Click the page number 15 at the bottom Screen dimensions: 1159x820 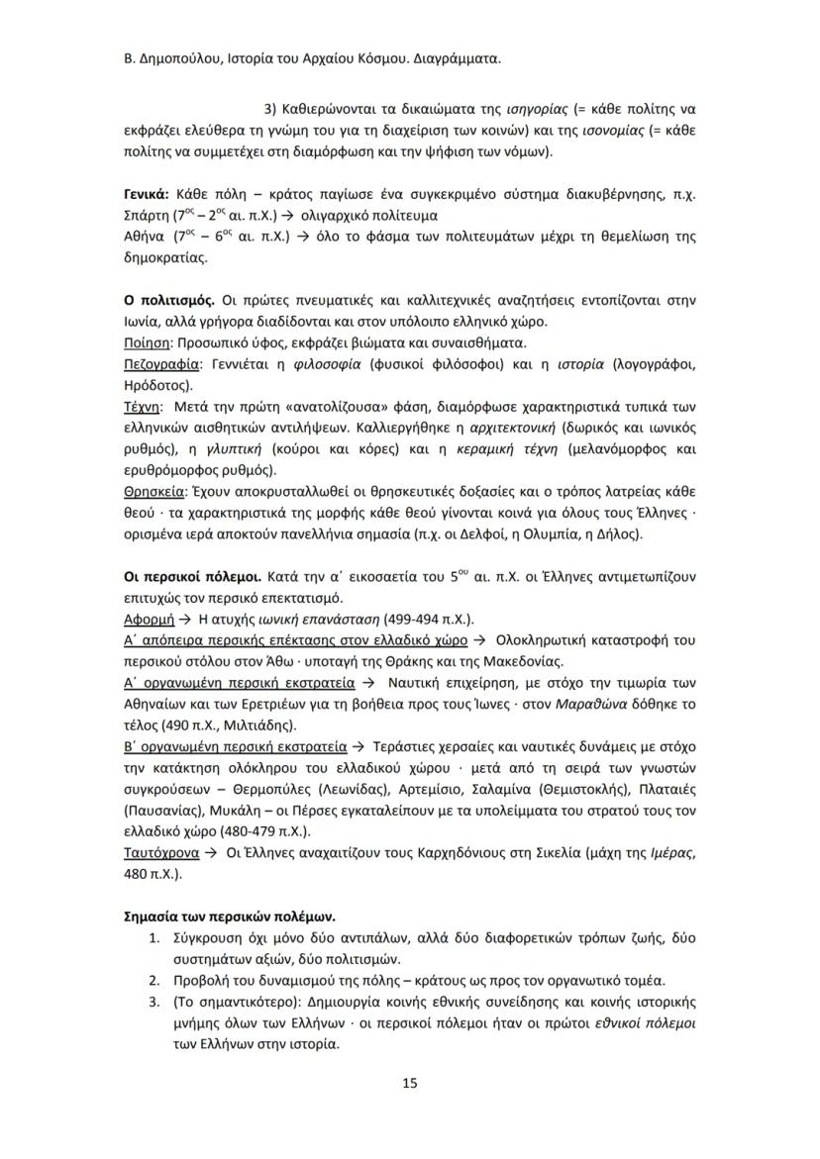pyautogui.click(x=410, y=1083)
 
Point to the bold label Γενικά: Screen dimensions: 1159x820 pyautogui.click(x=146, y=193)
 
